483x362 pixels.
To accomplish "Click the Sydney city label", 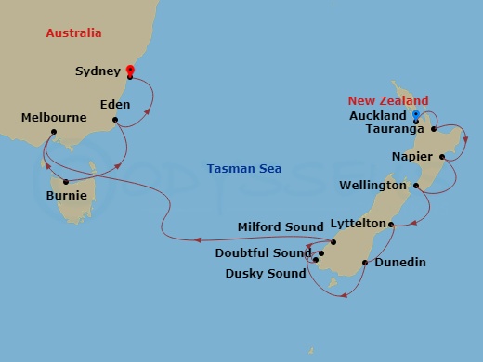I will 98,71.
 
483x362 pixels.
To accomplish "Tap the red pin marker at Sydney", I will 129,70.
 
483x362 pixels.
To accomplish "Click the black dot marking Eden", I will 114,119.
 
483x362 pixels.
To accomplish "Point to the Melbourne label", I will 54,118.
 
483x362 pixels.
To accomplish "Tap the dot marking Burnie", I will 65,180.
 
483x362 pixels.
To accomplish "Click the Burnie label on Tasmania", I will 67,196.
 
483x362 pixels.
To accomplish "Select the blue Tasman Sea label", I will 244,169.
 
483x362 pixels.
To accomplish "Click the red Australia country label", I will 74,34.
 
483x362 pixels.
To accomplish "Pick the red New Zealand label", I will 388,100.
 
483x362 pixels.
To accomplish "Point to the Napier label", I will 411,156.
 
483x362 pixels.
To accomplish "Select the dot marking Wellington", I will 416,186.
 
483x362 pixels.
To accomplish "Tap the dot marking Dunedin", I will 365,263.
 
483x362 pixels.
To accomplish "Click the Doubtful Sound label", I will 264,252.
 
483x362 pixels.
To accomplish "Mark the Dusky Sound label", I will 266,274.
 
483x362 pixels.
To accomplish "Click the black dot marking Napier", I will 442,156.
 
